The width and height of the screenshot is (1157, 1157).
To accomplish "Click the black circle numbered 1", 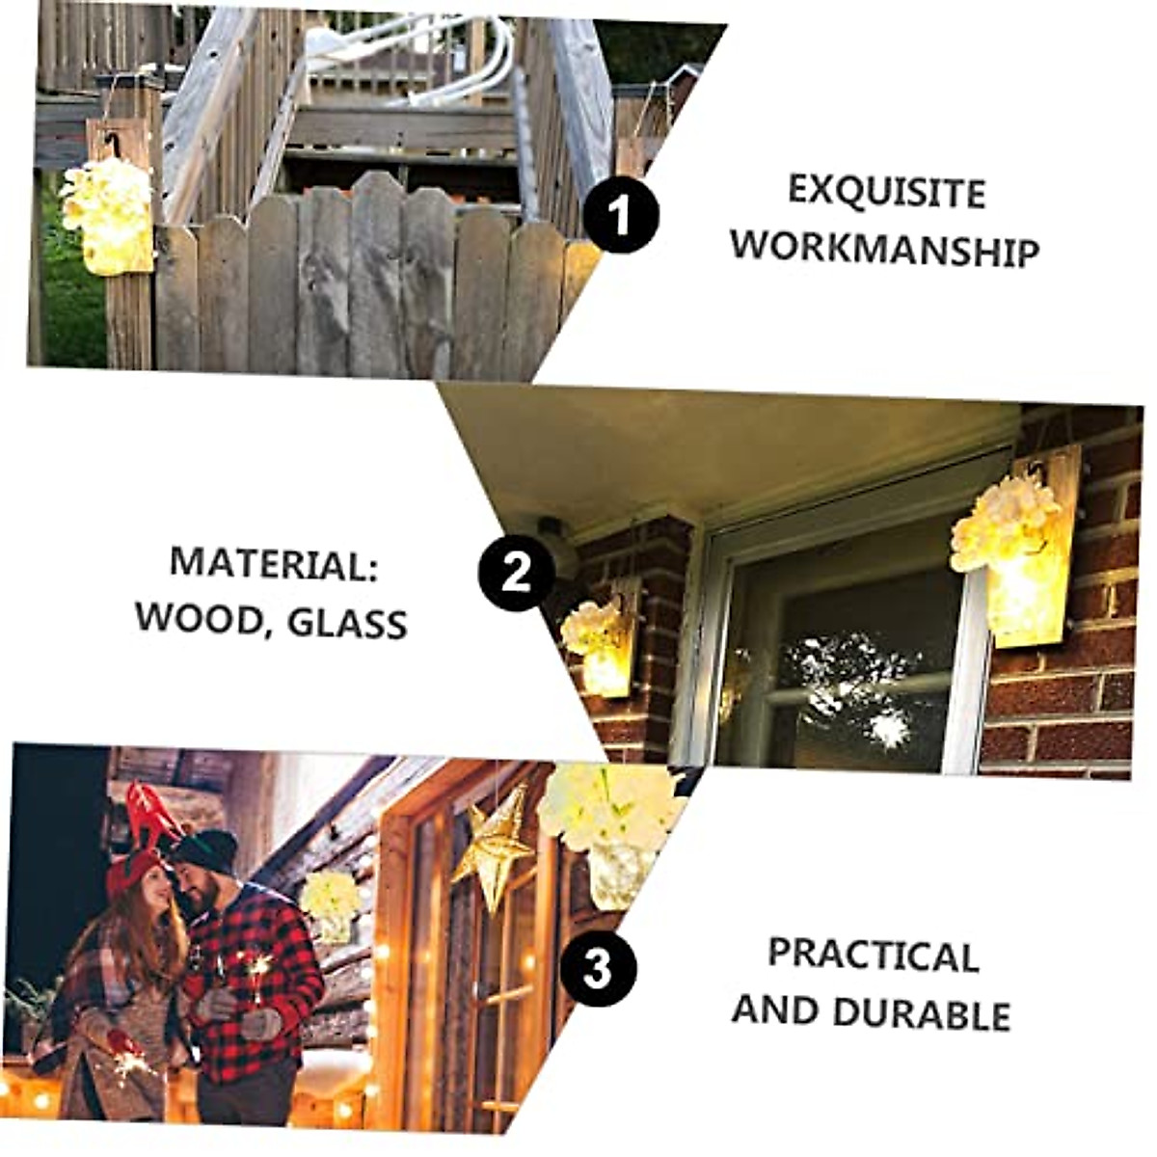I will [x=620, y=215].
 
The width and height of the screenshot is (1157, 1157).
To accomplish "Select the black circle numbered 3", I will [x=598, y=967].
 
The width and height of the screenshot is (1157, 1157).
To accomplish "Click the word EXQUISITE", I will [x=886, y=191].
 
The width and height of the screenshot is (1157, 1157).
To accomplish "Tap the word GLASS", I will [x=347, y=623].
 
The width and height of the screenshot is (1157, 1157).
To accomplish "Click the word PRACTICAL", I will [x=873, y=955].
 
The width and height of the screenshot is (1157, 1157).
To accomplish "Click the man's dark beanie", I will [x=205, y=850].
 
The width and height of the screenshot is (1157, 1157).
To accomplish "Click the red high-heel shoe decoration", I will [x=150, y=813].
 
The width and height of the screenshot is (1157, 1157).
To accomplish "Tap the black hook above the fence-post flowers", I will [x=113, y=145].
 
